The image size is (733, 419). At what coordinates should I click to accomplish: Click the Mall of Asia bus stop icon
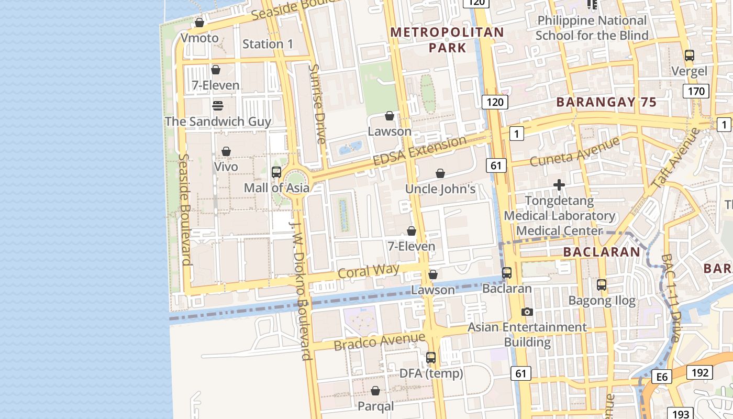276,172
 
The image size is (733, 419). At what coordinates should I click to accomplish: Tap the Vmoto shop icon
199,23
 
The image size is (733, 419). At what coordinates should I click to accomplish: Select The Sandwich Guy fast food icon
218,106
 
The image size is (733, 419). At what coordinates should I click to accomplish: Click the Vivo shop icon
226,151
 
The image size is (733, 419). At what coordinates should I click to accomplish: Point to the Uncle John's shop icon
440,173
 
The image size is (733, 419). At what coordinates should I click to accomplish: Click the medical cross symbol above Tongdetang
559,185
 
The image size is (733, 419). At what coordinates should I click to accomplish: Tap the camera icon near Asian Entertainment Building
527,312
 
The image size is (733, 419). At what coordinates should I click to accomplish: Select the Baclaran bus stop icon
506,273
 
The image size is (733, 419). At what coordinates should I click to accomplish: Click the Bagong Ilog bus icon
602,285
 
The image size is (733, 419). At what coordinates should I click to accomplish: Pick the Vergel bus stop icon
690,55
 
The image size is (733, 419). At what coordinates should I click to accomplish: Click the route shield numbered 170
696,92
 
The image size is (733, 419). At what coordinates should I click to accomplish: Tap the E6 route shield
662,377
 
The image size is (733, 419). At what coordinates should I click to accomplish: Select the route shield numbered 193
681,413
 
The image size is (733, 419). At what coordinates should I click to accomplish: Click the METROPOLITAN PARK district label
447,40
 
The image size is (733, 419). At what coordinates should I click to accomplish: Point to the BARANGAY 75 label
606,102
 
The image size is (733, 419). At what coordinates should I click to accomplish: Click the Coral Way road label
369,271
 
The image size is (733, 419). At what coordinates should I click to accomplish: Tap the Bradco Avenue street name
380,342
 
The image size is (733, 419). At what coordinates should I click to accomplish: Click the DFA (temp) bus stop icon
431,358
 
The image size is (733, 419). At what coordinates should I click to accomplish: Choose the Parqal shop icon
375,391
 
